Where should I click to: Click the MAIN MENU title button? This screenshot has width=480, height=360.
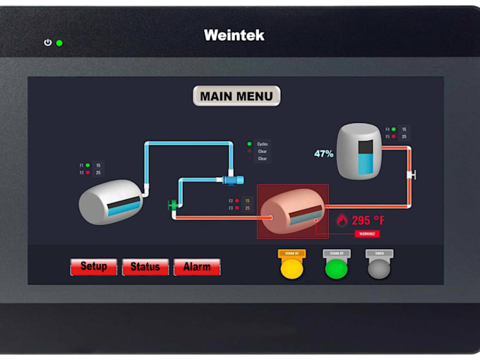pos(236,96)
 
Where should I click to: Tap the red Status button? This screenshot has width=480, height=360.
pos(145,267)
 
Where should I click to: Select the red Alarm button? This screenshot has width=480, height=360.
pos(197,267)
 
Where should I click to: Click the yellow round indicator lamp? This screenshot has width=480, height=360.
pos(292,268)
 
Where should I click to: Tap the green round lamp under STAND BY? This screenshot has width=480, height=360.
pos(336,268)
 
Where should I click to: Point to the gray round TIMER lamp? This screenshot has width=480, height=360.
pos(379,268)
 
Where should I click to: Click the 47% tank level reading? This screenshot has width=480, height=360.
pos(324,153)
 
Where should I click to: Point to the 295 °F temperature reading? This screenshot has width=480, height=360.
pos(368,220)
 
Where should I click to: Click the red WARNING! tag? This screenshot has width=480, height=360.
pos(367,234)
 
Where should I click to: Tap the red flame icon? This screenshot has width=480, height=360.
pos(342,220)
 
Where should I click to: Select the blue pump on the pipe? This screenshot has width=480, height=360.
pos(231,180)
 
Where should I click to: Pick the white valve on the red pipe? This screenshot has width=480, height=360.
pos(411,174)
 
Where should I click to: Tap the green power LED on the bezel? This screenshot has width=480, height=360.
pos(59,43)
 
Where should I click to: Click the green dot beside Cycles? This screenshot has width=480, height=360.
pos(249,144)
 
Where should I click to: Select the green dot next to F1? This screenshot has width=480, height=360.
pos(88,165)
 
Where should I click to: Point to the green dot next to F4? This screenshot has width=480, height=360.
pos(394,129)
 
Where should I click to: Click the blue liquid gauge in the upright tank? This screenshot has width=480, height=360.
pos(364,156)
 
